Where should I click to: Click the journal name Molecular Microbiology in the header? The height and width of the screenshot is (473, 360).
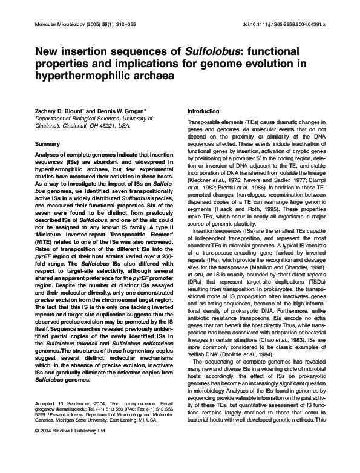(51, 25)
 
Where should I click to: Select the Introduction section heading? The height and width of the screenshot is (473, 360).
(203, 111)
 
